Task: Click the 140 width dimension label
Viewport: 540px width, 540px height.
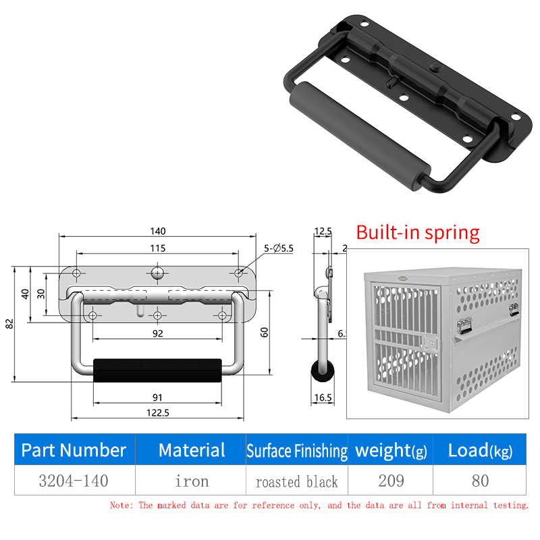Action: (158, 231)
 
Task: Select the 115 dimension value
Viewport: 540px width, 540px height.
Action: (158, 248)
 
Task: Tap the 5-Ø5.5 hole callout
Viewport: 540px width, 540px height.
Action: (279, 248)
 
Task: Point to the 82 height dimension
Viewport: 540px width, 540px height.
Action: (9, 324)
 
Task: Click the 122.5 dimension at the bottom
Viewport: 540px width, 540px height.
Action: (158, 412)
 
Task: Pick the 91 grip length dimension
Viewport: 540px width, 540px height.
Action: (157, 398)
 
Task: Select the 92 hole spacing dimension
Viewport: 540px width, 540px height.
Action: (158, 333)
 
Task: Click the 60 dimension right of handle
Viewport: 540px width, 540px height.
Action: (264, 332)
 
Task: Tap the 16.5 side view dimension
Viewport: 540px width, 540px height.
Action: (323, 398)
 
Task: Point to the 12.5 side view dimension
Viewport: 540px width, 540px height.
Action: (323, 231)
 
